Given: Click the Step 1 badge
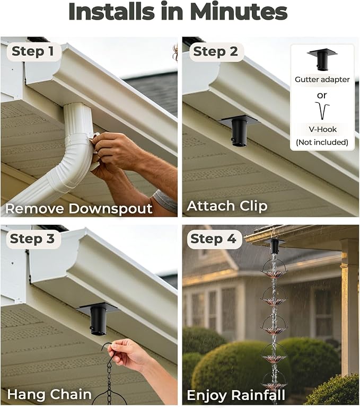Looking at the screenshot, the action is [x=33, y=51].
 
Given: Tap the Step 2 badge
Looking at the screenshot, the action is [x=216, y=51].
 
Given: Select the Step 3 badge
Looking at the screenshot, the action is [x=32, y=239].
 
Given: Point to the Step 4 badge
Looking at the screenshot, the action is [x=214, y=239].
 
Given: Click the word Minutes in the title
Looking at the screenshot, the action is [x=238, y=12].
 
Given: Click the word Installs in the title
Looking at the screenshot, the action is [x=112, y=12].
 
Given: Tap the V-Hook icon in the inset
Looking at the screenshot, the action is [x=322, y=110].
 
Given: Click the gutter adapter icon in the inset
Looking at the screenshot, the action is [x=322, y=59].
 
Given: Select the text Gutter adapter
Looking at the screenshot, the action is [x=322, y=79].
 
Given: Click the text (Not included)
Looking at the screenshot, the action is [x=322, y=142].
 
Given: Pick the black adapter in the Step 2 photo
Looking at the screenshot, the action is [x=238, y=129].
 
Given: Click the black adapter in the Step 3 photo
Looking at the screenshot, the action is [x=98, y=318].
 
